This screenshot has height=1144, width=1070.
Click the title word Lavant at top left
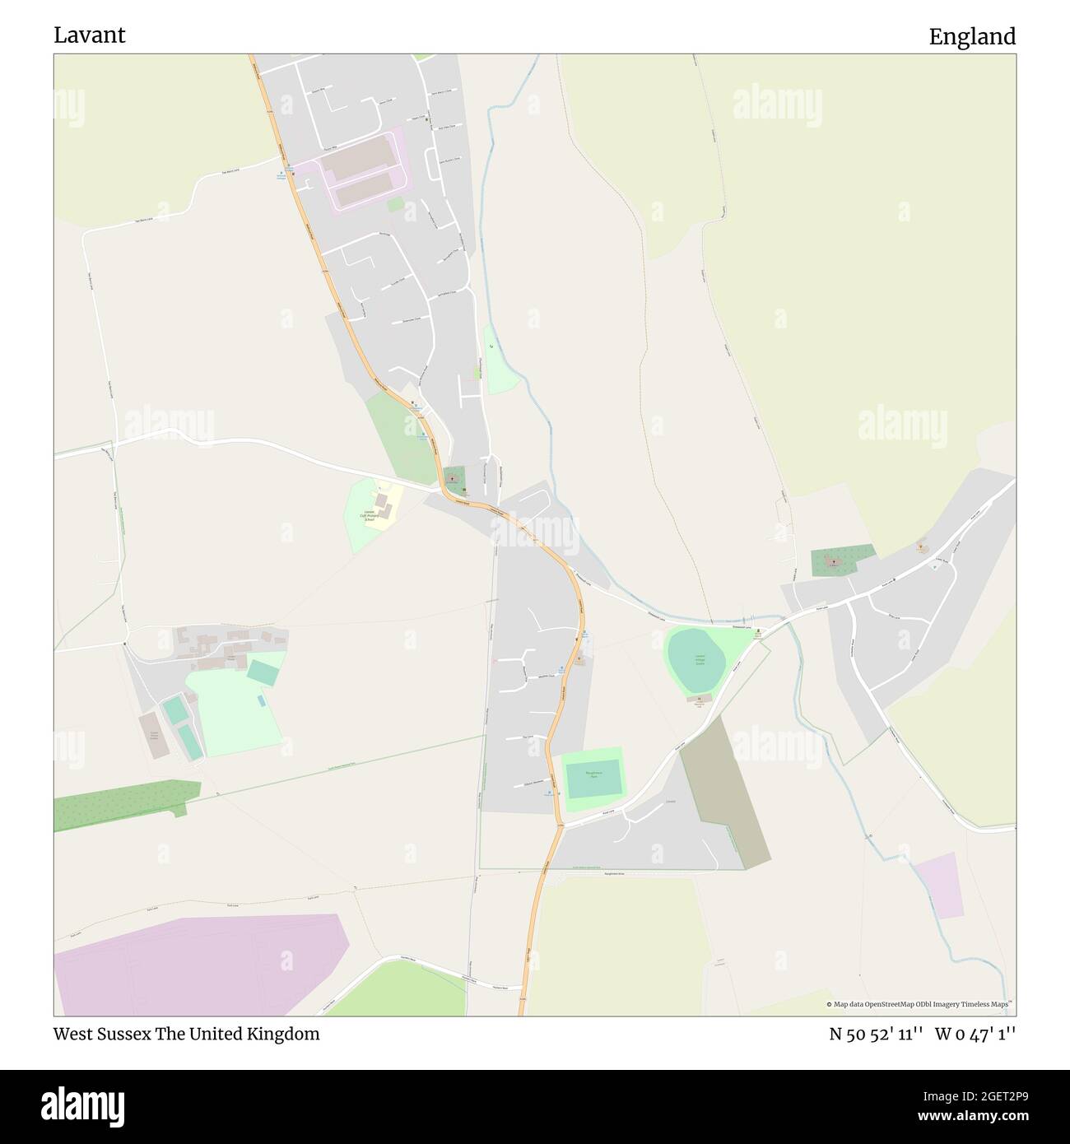click(90, 35)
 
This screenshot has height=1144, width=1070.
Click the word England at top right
click(972, 36)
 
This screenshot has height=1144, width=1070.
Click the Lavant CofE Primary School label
click(370, 515)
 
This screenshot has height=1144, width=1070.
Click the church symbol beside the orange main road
click(451, 477)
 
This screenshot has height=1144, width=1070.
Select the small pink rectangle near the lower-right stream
click(938, 885)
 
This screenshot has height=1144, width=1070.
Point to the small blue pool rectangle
click(261, 700)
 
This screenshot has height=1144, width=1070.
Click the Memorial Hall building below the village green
click(699, 699)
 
